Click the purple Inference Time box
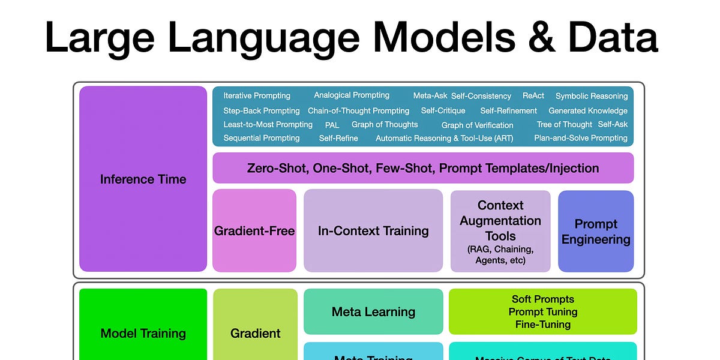(x=143, y=179)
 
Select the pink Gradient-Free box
(x=254, y=231)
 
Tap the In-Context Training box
(x=373, y=231)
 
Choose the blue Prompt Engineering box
(x=595, y=232)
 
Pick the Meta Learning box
(x=373, y=312)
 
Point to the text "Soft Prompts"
(x=542, y=299)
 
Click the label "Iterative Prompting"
(x=257, y=96)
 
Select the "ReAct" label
(x=533, y=96)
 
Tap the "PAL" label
(x=332, y=125)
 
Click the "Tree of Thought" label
(x=564, y=125)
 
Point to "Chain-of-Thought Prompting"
(x=358, y=111)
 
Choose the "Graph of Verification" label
(x=477, y=125)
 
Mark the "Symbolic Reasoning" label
(x=591, y=96)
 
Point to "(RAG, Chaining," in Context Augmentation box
(x=500, y=249)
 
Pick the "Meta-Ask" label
(x=430, y=96)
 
